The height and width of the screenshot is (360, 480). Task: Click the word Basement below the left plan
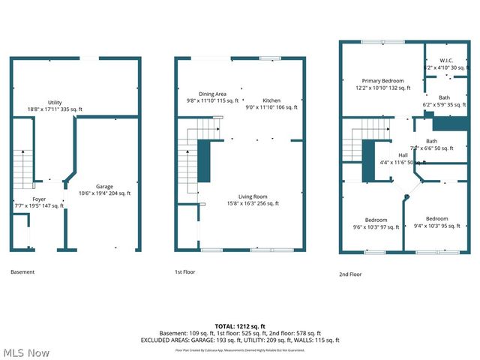click(x=22, y=271)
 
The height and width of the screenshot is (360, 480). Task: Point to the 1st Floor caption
click(x=184, y=271)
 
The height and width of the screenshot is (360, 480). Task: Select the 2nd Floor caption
click(x=349, y=274)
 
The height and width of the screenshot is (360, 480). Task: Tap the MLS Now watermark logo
click(x=25, y=352)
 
